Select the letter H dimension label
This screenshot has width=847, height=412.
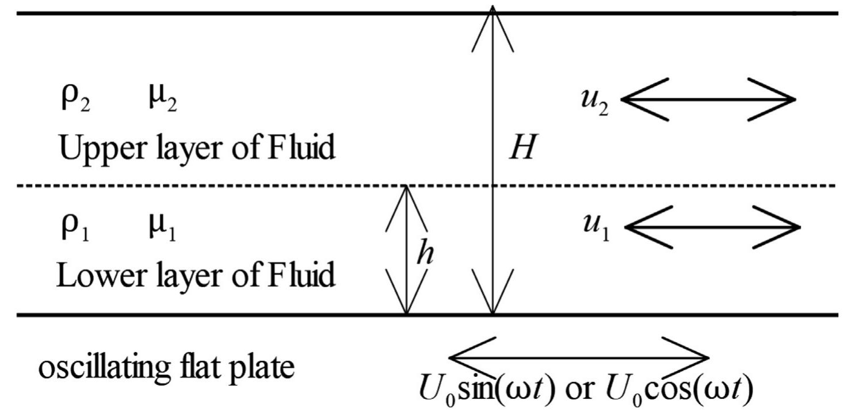(x=522, y=149)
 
